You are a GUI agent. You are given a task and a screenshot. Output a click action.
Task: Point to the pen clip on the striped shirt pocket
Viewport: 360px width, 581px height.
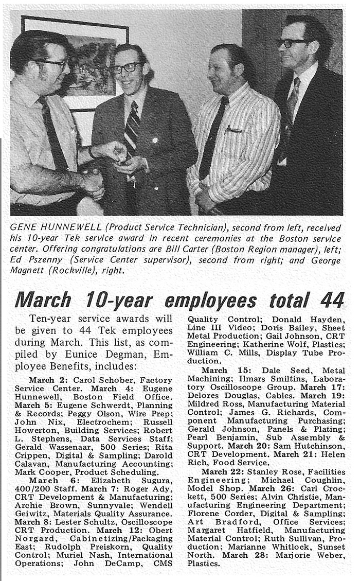(x=235, y=130)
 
